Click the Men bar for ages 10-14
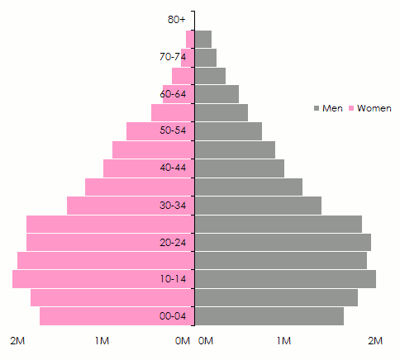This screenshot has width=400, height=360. pos(285,279)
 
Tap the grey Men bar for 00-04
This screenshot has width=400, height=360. pos(269,316)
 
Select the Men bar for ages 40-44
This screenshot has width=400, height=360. pos(240,168)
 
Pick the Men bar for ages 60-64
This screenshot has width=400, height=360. pos(217,94)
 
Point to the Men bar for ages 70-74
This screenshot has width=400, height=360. pos(206,58)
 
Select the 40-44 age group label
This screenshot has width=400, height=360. pos(174,168)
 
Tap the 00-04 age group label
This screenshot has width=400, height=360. pos(174,316)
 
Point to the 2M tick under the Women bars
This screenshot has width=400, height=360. pos(18,341)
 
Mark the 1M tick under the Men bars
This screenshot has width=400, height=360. pos(283,341)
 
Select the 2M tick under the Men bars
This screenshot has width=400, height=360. pos(376,341)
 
